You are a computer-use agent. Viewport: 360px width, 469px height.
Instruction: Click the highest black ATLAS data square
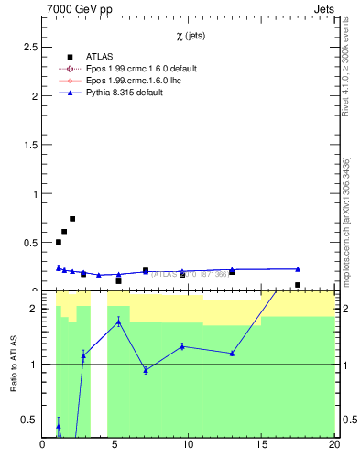coord(72,219)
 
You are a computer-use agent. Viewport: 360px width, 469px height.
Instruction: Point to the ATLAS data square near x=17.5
coord(298,285)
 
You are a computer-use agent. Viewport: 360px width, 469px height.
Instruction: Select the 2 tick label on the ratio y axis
coord(35,309)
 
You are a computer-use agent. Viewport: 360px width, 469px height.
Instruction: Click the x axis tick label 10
coord(188,446)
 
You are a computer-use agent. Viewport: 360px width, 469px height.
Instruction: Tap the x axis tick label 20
coord(333,446)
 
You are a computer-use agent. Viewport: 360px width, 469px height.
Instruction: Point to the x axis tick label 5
coord(115,446)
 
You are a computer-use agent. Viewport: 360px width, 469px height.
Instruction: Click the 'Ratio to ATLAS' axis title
coord(13,365)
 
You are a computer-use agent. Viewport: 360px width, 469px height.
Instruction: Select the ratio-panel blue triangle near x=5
coord(118,322)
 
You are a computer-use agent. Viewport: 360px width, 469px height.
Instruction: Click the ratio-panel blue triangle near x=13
coord(232,353)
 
